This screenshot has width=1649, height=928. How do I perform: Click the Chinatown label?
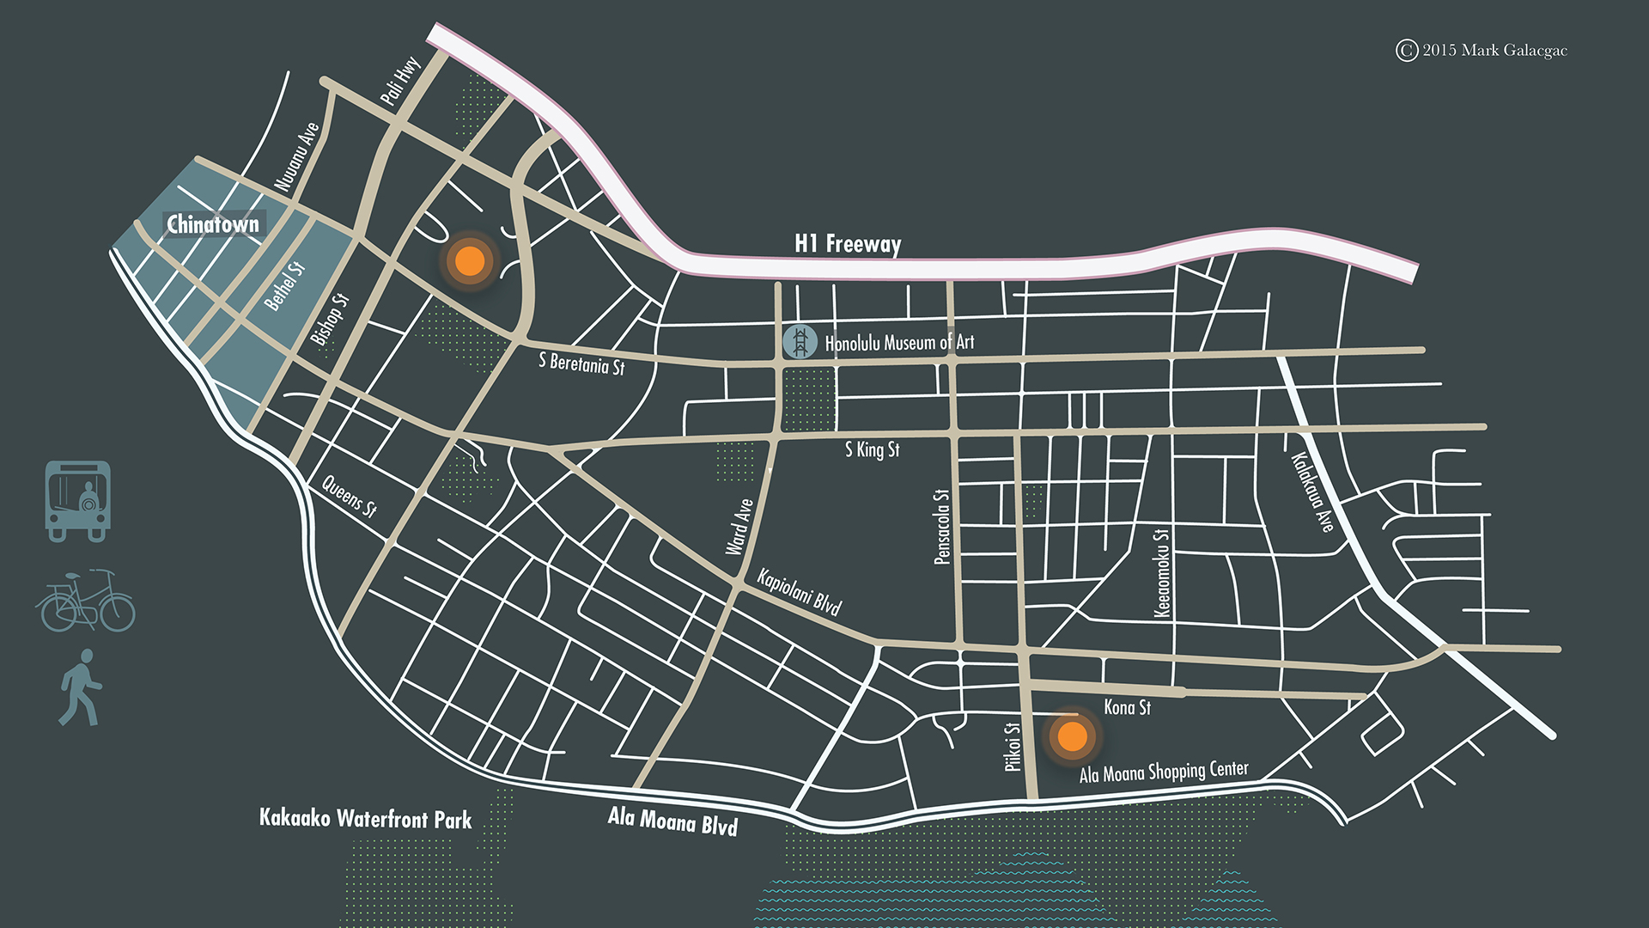click(x=212, y=224)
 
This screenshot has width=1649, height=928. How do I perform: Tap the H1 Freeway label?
click(x=847, y=244)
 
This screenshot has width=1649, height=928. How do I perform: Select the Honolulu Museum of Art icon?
click(x=800, y=342)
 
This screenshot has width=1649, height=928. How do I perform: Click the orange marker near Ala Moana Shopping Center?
click(x=1072, y=736)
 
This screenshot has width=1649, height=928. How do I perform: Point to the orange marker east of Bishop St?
click(x=469, y=260)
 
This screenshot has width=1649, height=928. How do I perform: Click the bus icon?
click(x=77, y=501)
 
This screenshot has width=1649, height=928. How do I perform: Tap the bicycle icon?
click(x=85, y=601)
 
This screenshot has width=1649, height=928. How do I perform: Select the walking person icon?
click(x=81, y=687)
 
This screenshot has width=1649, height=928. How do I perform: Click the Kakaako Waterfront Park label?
click(x=365, y=819)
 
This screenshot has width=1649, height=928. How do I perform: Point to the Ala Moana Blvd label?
click(x=672, y=821)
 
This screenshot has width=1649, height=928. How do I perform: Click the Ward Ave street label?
click(x=739, y=527)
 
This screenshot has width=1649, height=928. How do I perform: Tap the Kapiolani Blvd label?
click(x=799, y=592)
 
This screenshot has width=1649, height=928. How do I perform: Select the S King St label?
click(x=872, y=449)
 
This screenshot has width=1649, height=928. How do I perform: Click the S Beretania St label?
click(x=581, y=363)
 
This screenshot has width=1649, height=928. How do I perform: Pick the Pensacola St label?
click(x=942, y=527)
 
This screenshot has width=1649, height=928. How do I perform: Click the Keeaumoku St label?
click(x=1161, y=573)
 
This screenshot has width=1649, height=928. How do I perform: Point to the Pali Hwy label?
click(x=400, y=82)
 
